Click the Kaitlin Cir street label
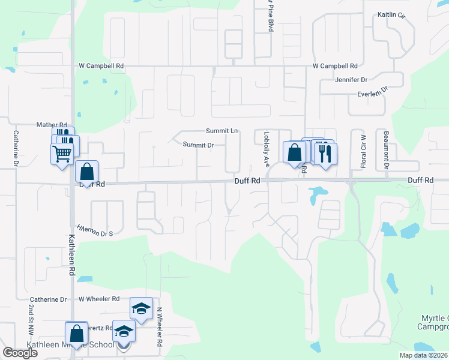(x=391, y=14)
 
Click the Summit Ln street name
(x=221, y=131)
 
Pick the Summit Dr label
(x=199, y=145)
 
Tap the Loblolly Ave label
(x=266, y=147)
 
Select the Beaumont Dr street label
(x=386, y=150)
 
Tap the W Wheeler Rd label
(x=98, y=299)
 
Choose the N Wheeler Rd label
(x=160, y=328)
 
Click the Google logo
(x=20, y=353)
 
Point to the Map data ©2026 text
(x=423, y=355)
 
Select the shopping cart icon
(x=62, y=154)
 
